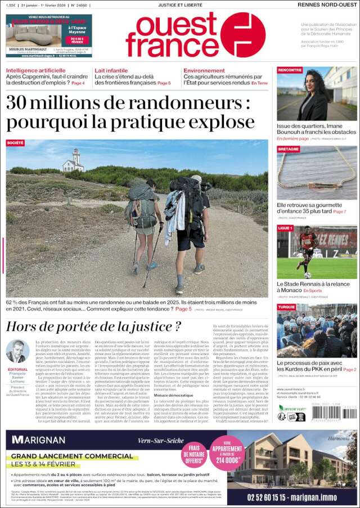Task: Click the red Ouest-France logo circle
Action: [242, 34]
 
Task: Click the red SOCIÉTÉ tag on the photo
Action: [15, 143]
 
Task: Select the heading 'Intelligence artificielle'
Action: [35, 70]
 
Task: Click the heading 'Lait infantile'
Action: [111, 70]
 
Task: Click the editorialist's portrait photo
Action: [17, 352]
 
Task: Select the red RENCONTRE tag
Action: [290, 70]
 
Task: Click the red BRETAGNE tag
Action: [288, 149]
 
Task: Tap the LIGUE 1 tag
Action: [285, 228]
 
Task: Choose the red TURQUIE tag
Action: [287, 307]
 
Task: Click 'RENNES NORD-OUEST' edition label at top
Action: [327, 5]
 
